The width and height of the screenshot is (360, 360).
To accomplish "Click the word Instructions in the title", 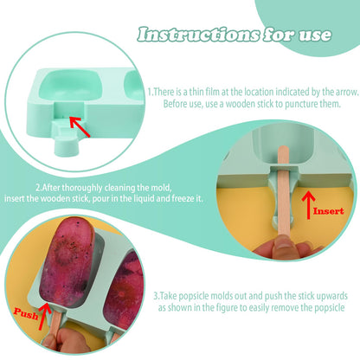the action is point(198,35).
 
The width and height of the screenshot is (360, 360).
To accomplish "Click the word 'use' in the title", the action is point(315,35).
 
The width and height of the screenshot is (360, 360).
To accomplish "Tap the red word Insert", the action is point(329,211).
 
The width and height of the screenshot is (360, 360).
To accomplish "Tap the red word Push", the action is point(26,313).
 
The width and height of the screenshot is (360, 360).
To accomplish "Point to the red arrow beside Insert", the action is point(308,205).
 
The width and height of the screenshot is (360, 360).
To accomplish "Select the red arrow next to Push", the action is point(44,316).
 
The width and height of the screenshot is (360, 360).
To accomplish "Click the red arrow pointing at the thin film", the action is point(80,126).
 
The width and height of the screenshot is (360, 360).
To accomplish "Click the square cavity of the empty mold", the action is point(71,86).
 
